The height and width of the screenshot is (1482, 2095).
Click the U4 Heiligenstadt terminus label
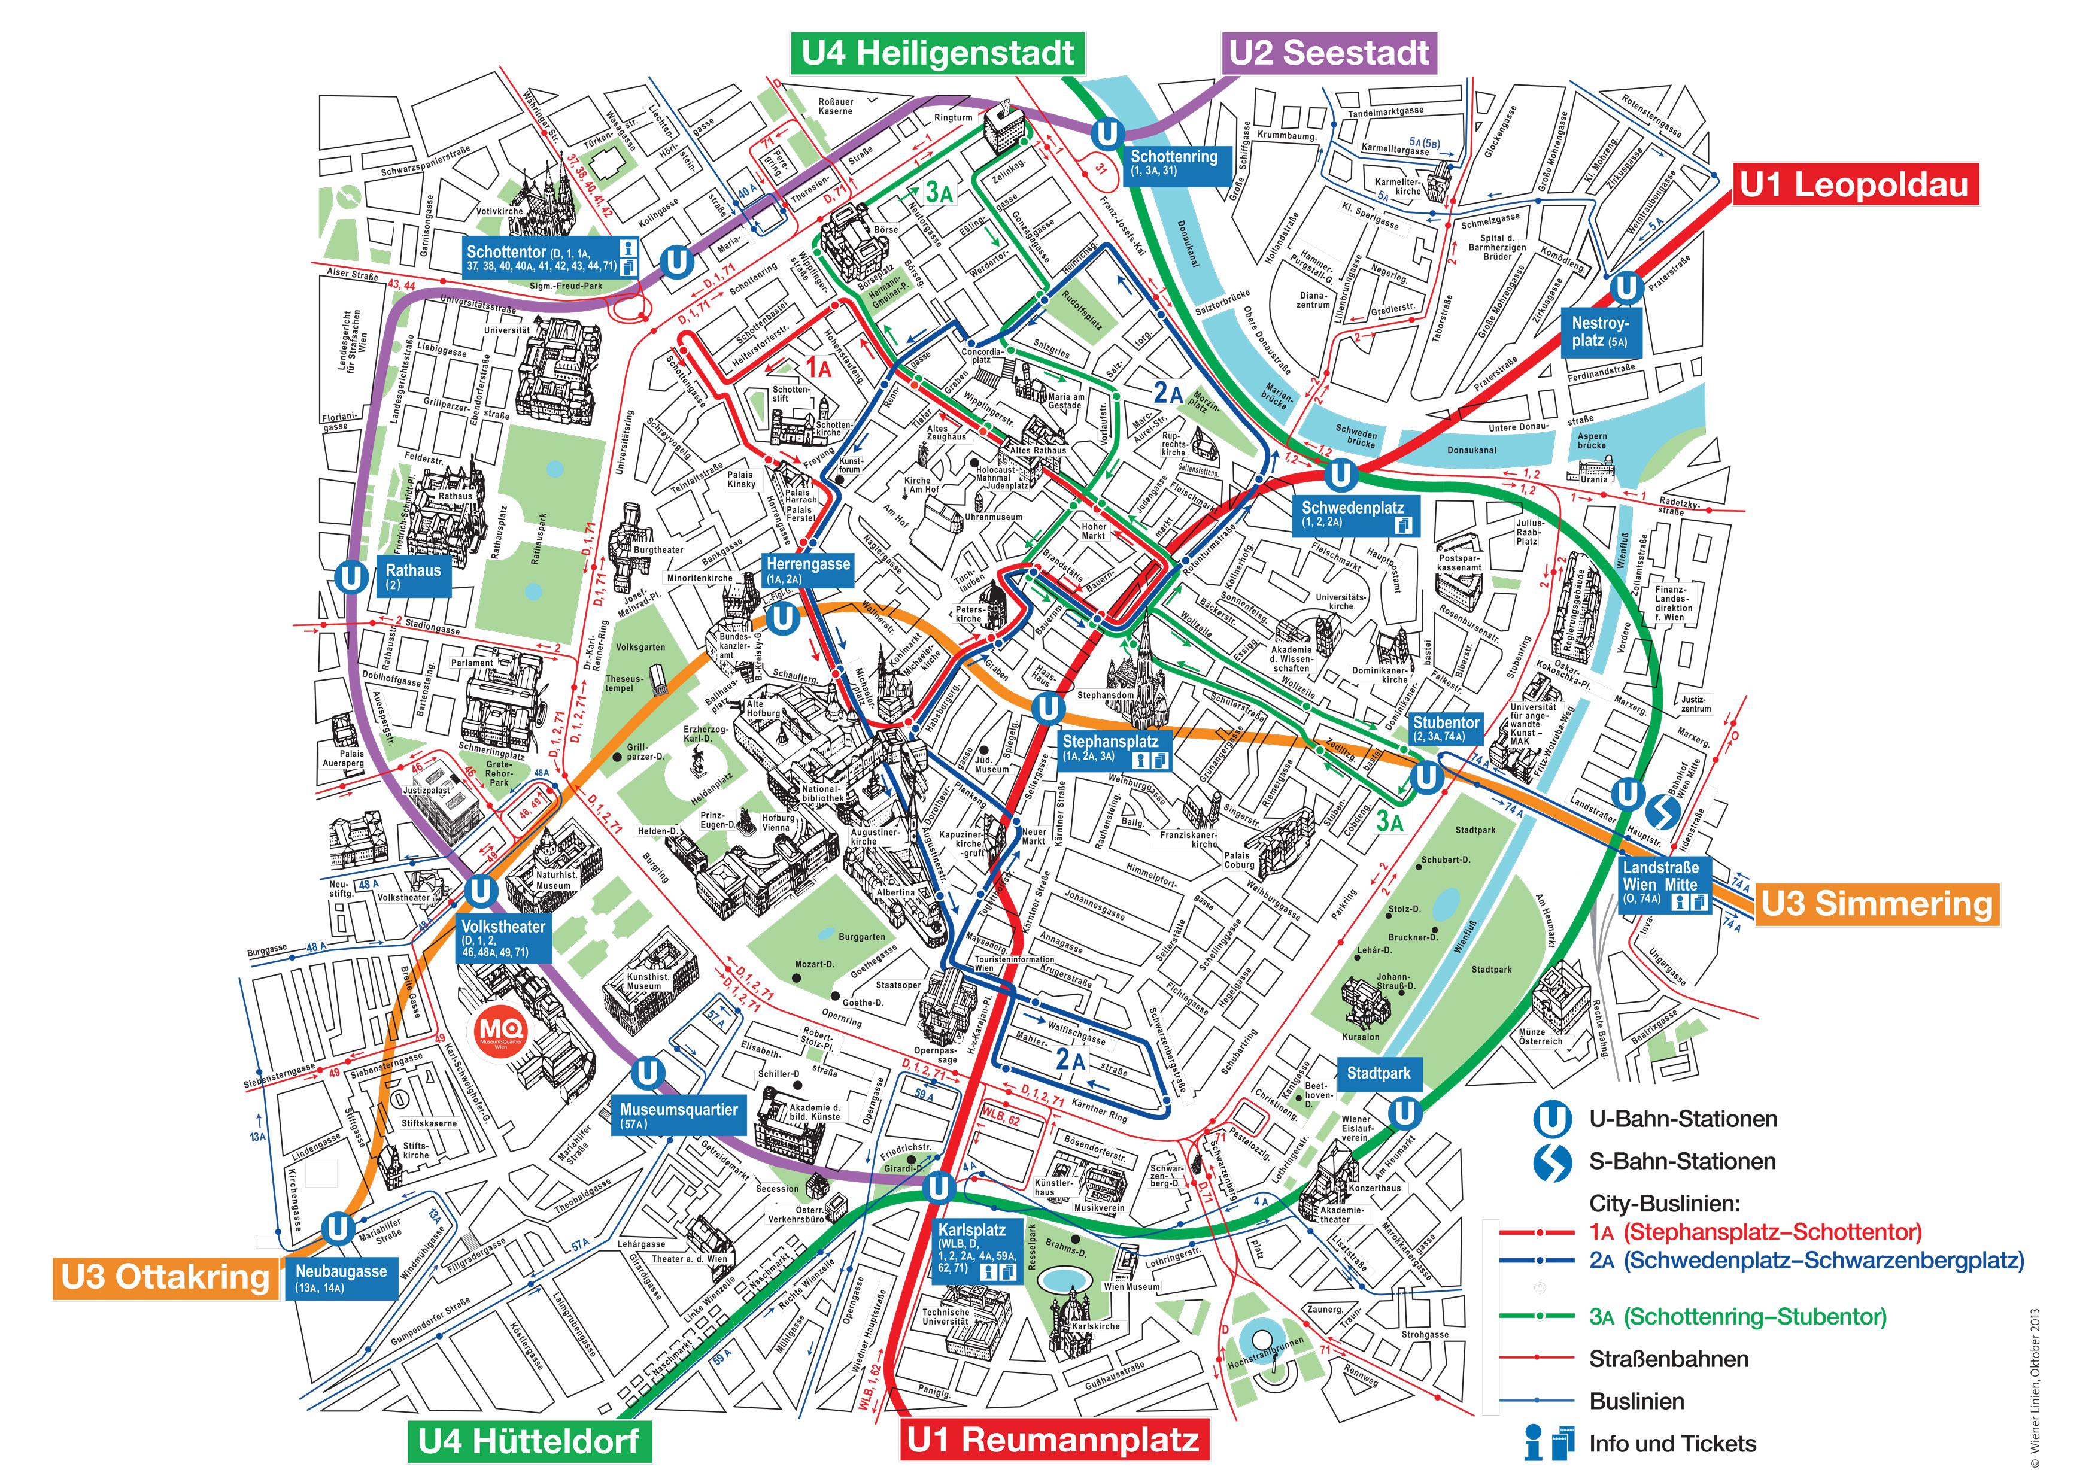coord(938,53)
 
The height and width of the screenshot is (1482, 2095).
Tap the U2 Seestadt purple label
coord(1329,53)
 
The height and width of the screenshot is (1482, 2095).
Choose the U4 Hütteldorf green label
coord(529,1441)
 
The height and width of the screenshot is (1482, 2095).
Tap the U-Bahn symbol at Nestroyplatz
coord(1626,287)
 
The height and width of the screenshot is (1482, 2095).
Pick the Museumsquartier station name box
coord(679,1115)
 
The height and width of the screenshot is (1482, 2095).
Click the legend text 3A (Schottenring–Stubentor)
coord(1737,1317)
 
